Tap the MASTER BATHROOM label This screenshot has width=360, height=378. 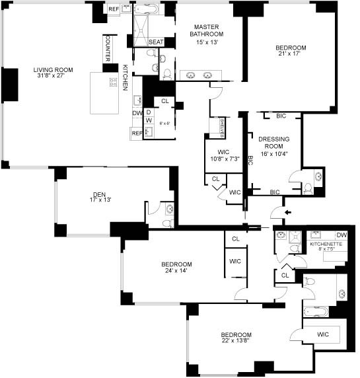pos(206,30)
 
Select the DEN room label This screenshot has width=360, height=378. pos(99,195)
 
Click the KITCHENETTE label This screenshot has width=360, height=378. pos(326,244)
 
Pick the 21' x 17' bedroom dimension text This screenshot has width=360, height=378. pos(291,56)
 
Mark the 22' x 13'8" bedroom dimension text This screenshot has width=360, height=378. pos(236,341)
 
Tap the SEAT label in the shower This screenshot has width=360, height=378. pos(156,42)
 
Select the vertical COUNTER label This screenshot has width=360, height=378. pos(107,48)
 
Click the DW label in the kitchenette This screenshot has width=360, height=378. pos(342,235)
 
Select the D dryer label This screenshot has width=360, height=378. pos(149,112)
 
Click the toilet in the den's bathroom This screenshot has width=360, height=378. pos(169,209)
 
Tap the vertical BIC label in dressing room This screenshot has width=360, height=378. pos(250,159)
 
